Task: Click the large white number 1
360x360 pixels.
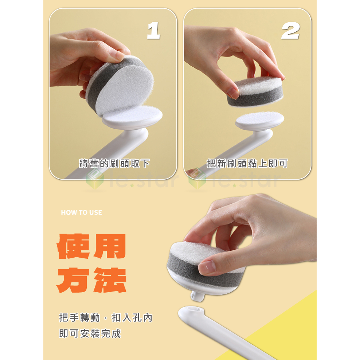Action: click(x=154, y=31)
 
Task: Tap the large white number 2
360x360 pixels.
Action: click(x=291, y=31)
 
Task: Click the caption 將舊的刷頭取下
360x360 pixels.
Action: click(x=114, y=164)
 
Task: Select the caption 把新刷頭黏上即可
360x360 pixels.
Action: click(x=247, y=164)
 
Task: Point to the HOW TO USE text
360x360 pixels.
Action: click(x=82, y=212)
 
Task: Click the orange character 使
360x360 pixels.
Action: click(x=73, y=246)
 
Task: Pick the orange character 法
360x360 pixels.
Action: click(x=110, y=280)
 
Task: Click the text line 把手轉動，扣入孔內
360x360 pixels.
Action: click(x=106, y=318)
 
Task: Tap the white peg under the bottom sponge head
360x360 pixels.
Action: click(x=197, y=296)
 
